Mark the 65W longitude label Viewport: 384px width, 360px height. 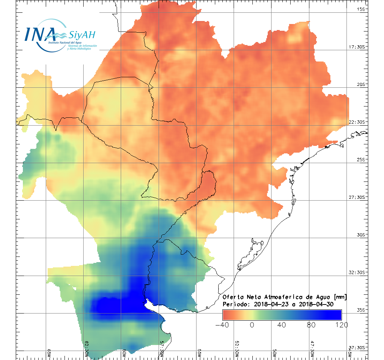point(49,353)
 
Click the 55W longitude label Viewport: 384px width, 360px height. point(199,353)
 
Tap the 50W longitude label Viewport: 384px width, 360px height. point(274,353)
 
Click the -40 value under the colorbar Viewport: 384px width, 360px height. point(223,325)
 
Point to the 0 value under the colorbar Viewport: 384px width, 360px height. point(252,325)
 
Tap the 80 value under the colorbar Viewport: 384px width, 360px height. point(312,325)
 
